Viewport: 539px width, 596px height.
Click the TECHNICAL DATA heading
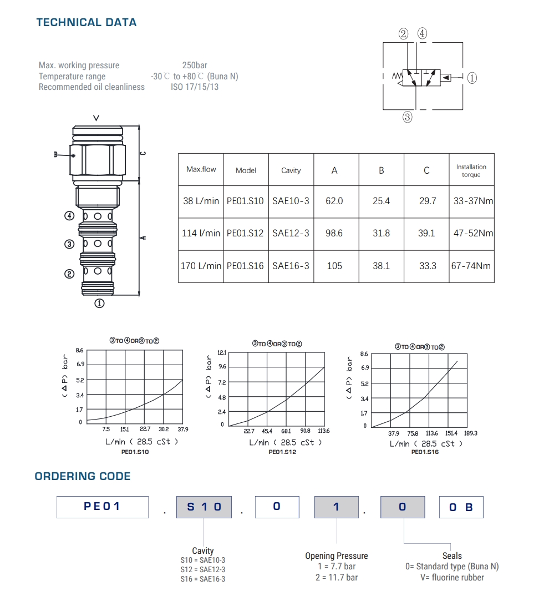click(x=87, y=23)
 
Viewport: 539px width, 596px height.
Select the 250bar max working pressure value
click(x=195, y=65)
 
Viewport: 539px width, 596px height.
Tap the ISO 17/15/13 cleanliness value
click(x=195, y=87)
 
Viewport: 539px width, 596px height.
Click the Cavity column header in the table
click(x=291, y=170)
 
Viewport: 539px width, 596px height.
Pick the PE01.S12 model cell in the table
click(x=245, y=234)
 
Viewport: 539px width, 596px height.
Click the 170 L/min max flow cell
click(x=201, y=266)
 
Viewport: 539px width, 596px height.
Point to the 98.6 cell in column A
click(x=334, y=234)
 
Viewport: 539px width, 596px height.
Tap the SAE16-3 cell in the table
click(x=291, y=266)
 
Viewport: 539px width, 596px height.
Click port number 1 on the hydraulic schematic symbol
click(x=472, y=78)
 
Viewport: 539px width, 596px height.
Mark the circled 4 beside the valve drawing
click(x=69, y=216)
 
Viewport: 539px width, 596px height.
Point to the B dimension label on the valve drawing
click(x=55, y=155)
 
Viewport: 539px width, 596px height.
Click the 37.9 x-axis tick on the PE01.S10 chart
click(x=183, y=429)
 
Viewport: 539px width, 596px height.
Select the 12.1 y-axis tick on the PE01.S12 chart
click(x=222, y=353)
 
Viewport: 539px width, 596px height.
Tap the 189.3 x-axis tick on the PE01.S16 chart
click(x=471, y=433)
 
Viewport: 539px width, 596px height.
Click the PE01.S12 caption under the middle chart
click(x=282, y=452)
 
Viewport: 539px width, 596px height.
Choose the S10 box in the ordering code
click(x=204, y=507)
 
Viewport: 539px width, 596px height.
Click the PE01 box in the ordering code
click(x=103, y=507)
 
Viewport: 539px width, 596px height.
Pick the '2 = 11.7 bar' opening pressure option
click(x=337, y=577)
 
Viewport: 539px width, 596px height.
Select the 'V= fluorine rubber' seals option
click(x=452, y=577)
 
